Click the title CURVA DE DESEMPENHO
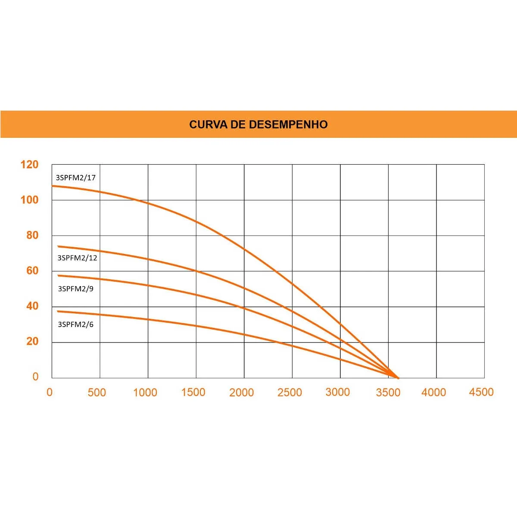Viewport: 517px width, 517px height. [x=258, y=125]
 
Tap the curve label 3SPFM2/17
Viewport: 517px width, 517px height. [x=76, y=178]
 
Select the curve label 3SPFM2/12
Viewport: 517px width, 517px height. [x=77, y=258]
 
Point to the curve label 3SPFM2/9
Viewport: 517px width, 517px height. [x=76, y=289]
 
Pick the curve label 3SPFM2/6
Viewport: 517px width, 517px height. [x=76, y=324]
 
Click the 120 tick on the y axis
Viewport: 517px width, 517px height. [x=30, y=165]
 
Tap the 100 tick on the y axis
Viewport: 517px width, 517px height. [x=30, y=200]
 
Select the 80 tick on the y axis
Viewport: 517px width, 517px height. [x=32, y=235]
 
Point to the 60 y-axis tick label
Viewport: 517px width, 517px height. [x=32, y=271]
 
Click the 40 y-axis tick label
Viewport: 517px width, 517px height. [x=32, y=306]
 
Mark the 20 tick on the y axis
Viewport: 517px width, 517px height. [x=32, y=341]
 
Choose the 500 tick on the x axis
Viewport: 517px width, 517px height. [x=97, y=392]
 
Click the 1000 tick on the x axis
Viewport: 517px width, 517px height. [x=145, y=392]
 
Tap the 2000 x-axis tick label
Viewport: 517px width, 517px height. [x=241, y=392]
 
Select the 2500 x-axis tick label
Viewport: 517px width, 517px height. [x=290, y=392]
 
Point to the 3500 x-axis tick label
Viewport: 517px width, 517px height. [x=388, y=392]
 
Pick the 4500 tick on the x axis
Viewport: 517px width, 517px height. [x=481, y=392]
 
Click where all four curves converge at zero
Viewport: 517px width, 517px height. [x=398, y=378]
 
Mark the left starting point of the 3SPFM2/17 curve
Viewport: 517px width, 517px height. [x=52, y=186]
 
